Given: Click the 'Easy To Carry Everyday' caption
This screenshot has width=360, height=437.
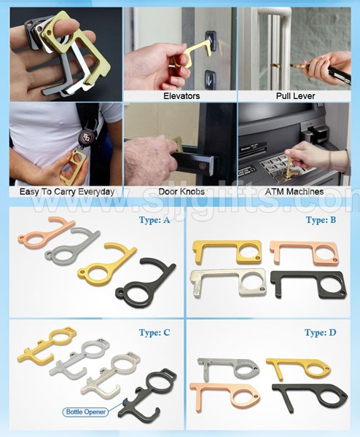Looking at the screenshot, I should tap(62, 192).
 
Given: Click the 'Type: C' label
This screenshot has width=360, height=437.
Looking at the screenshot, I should tap(154, 333).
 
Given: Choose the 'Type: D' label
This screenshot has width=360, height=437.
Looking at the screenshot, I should tap(321, 333).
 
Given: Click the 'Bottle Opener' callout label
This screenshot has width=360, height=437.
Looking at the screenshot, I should tap(85, 412).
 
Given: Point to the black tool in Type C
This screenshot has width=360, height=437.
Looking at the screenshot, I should tap(149, 393).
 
